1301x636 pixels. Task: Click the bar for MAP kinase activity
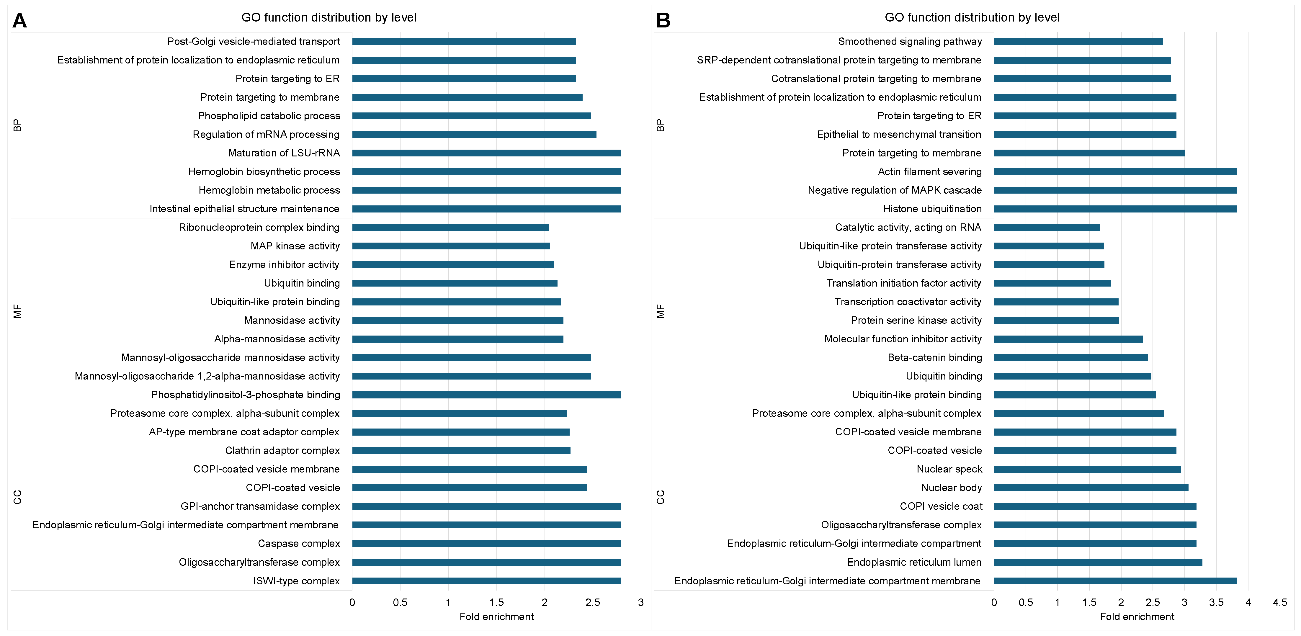(x=451, y=246)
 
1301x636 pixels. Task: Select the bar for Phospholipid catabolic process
(x=471, y=116)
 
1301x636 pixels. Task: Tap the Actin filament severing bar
(x=1115, y=172)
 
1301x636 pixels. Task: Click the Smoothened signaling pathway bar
(x=1078, y=41)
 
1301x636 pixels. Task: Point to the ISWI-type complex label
(x=296, y=581)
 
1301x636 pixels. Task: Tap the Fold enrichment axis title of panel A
(x=496, y=617)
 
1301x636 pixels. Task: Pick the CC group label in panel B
(x=661, y=497)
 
